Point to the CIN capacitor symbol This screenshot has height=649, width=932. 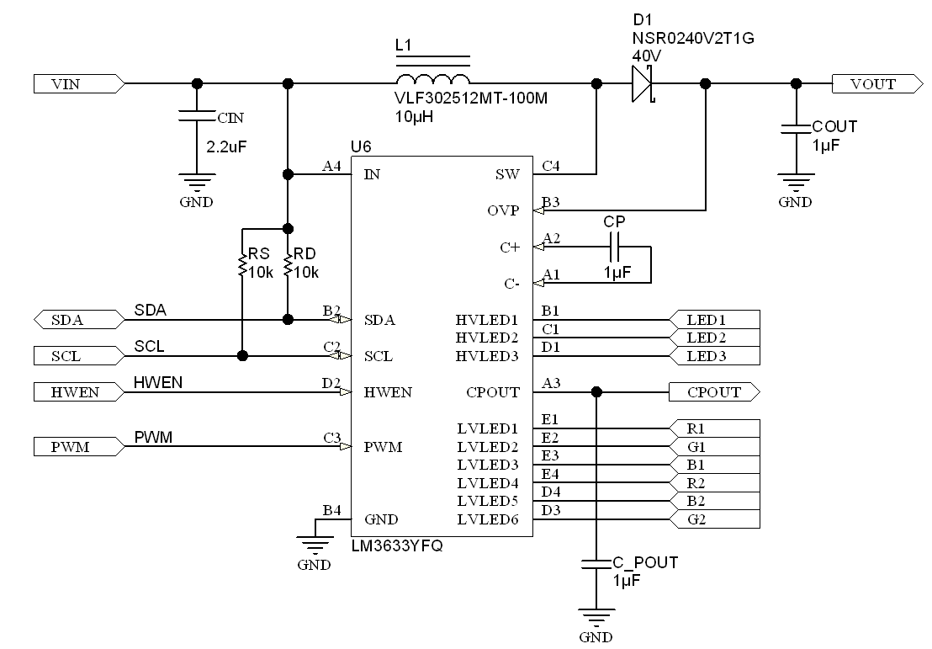197,119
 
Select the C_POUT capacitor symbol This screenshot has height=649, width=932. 596,563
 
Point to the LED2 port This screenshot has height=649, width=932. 713,338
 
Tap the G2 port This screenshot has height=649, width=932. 713,519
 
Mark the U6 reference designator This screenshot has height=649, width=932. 361,146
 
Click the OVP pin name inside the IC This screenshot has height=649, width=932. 504,210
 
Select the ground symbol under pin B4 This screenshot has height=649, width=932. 314,545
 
